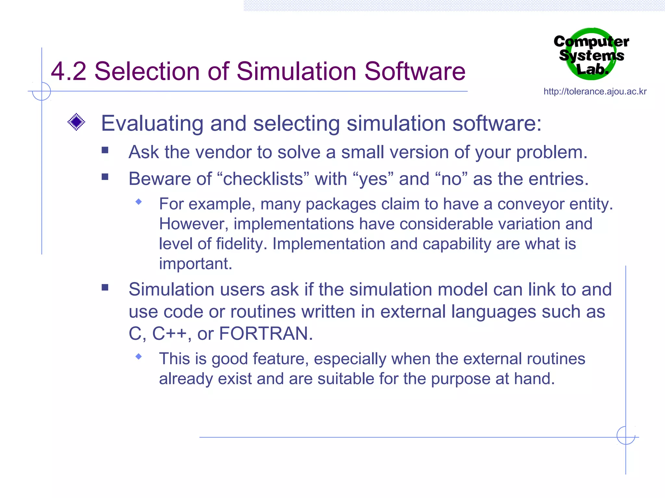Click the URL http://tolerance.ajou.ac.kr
click(x=595, y=92)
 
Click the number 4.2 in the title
click(x=69, y=71)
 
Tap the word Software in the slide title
click(x=415, y=71)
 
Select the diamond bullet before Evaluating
click(x=76, y=122)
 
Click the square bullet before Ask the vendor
click(x=105, y=150)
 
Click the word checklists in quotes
click(x=263, y=179)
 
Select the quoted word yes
click(x=373, y=179)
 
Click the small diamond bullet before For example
click(x=139, y=202)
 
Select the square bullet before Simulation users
click(x=105, y=288)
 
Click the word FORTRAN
click(x=266, y=334)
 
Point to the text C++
click(x=169, y=334)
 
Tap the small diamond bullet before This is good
click(x=139, y=357)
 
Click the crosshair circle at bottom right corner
click(x=626, y=435)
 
